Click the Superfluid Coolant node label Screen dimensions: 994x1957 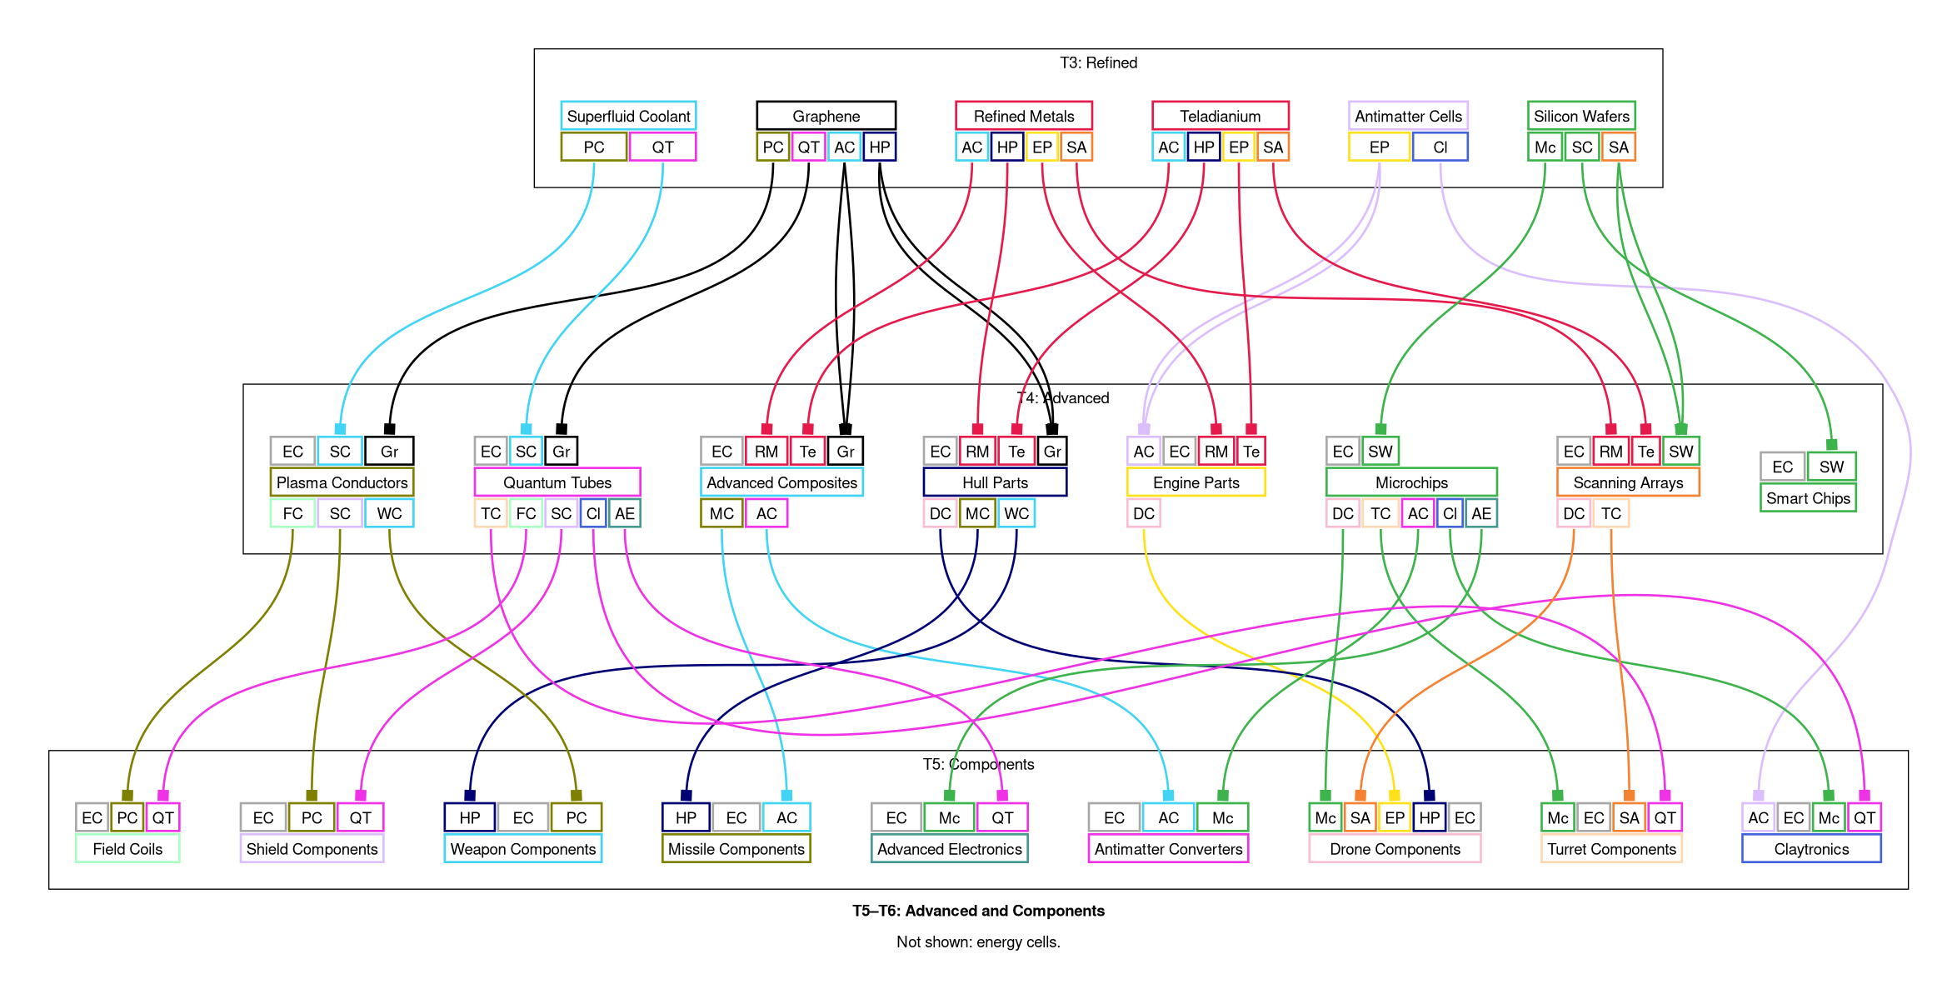tap(628, 116)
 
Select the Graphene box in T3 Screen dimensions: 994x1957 tap(826, 116)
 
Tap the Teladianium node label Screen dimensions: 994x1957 tap(1220, 116)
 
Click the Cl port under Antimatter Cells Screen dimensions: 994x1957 tap(1440, 147)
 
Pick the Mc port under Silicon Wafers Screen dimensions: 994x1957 tap(1545, 147)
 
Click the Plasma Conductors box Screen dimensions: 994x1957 tap(342, 482)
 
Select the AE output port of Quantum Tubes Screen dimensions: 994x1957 tap(624, 513)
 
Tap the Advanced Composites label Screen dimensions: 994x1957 tap(781, 482)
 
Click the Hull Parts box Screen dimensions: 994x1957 tap(995, 482)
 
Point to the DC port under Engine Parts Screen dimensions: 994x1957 tap(1143, 513)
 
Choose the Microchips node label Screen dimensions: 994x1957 tap(1411, 482)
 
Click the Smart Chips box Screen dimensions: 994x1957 tap(1808, 498)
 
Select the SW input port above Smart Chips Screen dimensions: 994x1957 tap(1831, 467)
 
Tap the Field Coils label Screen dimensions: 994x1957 tap(127, 849)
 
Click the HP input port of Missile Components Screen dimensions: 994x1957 tap(686, 817)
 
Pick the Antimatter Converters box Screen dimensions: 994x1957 tap(1168, 849)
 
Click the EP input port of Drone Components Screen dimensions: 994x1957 tap(1395, 817)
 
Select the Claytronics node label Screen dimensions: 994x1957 tap(1811, 849)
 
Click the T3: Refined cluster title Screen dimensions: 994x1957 tap(1098, 62)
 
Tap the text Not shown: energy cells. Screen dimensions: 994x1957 tap(978, 942)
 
